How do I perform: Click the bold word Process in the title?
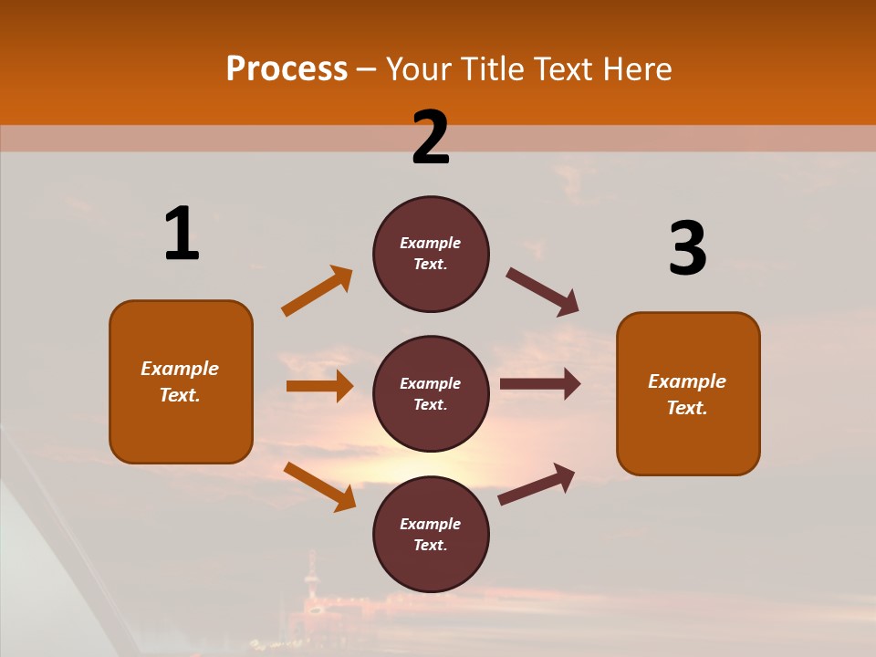287,69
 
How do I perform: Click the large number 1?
182,234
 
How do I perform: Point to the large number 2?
431,138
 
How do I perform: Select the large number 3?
687,248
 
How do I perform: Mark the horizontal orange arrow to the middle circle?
319,386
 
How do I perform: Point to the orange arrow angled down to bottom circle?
319,486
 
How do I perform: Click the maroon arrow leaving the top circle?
543,292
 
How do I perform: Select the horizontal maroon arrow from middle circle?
540,384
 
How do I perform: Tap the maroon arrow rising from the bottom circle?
537,484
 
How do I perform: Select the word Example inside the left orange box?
180,369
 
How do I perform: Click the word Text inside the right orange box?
686,408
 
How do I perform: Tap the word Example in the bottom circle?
431,524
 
